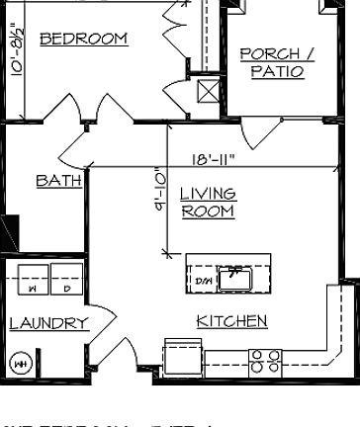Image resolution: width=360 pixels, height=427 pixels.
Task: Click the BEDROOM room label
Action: (x=83, y=40)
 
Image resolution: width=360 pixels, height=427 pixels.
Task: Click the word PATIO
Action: (x=277, y=72)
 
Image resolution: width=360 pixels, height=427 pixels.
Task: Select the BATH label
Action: (x=53, y=181)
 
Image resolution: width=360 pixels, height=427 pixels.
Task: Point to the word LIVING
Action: (x=208, y=194)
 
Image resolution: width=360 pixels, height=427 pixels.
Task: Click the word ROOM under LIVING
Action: (x=208, y=212)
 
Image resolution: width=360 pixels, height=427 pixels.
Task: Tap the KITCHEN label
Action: (x=231, y=321)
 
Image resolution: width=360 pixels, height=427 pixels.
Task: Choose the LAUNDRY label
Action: (x=48, y=323)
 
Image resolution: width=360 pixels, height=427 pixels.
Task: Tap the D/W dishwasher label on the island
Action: (x=204, y=279)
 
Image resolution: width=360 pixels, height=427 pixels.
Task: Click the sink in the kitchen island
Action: (x=236, y=277)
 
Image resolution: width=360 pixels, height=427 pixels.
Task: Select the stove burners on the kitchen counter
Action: (x=264, y=362)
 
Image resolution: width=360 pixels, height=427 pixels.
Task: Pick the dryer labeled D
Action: (x=66, y=289)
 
